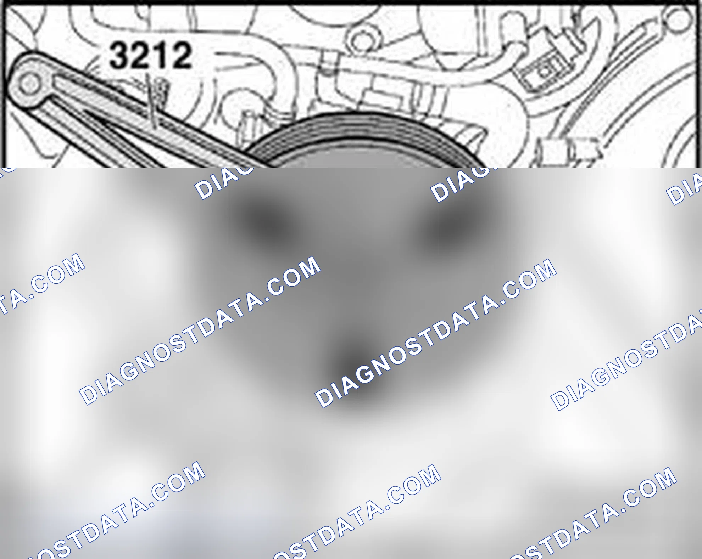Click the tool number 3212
click(150, 55)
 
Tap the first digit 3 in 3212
click(119, 55)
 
